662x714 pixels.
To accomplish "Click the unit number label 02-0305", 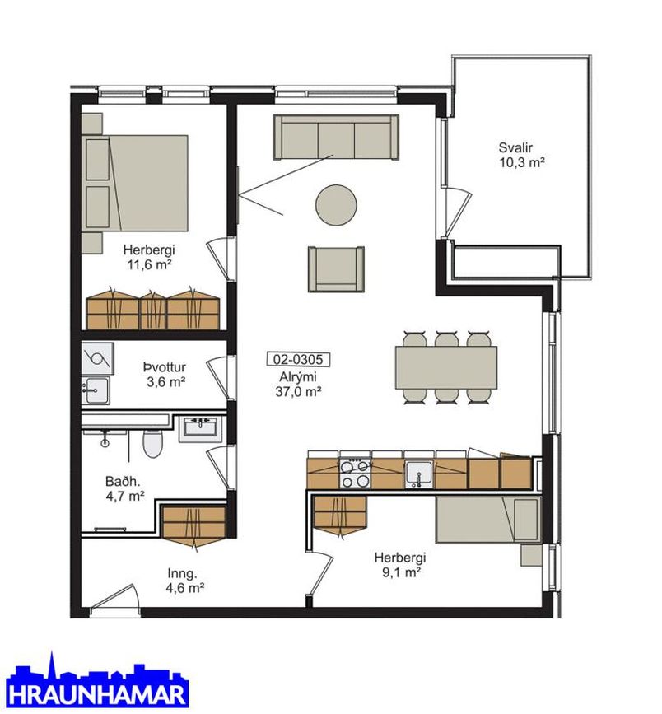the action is point(298,360).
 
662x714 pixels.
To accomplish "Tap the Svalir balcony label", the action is point(515,147).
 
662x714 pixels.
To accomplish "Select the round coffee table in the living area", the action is point(336,204).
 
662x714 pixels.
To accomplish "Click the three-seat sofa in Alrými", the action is point(336,137).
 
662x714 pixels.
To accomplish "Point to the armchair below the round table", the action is point(337,268).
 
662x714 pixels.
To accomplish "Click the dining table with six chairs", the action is point(446,367).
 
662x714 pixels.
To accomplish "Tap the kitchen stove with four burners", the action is point(355,474).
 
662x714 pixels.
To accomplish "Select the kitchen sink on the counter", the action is point(419,474).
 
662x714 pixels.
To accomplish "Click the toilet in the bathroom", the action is point(152,444).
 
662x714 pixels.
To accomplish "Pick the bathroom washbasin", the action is point(200,428).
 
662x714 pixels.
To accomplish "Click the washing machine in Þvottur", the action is point(97,358).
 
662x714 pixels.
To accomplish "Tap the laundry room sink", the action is point(96,390).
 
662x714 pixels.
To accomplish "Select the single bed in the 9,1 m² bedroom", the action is point(488,520).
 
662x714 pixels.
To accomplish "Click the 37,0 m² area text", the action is point(299,391).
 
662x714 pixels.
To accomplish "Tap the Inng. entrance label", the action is point(182,573).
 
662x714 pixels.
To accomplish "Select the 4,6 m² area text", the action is point(185,588).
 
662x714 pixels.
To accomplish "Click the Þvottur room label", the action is point(165,367).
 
